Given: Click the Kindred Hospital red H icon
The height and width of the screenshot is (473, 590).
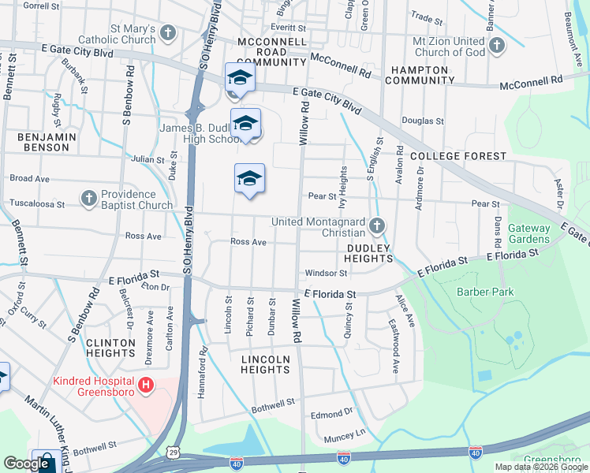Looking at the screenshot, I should pos(145,385).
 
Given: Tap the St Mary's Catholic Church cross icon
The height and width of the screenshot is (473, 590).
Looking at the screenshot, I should pos(166,33).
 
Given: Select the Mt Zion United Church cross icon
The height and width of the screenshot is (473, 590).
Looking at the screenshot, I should pos(496,46).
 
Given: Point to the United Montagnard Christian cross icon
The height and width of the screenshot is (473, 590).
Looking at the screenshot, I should pos(377,227).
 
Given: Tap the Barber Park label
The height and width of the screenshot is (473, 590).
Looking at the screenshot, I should pos(485,292).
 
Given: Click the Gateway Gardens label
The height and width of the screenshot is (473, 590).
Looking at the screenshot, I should pos(528,233).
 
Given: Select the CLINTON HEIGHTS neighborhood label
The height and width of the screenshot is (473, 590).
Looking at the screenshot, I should pos(116,348).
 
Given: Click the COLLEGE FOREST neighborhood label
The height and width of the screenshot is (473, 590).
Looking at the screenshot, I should pos(469,156).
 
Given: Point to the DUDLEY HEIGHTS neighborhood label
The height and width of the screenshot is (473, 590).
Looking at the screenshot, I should pos(369,252).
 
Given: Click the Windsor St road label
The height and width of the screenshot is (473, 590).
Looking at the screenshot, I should pos(326,273).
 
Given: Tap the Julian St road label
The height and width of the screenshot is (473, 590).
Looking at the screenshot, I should pos(147,159).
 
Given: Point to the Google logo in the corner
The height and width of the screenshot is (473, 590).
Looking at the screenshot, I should pos(26,464).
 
